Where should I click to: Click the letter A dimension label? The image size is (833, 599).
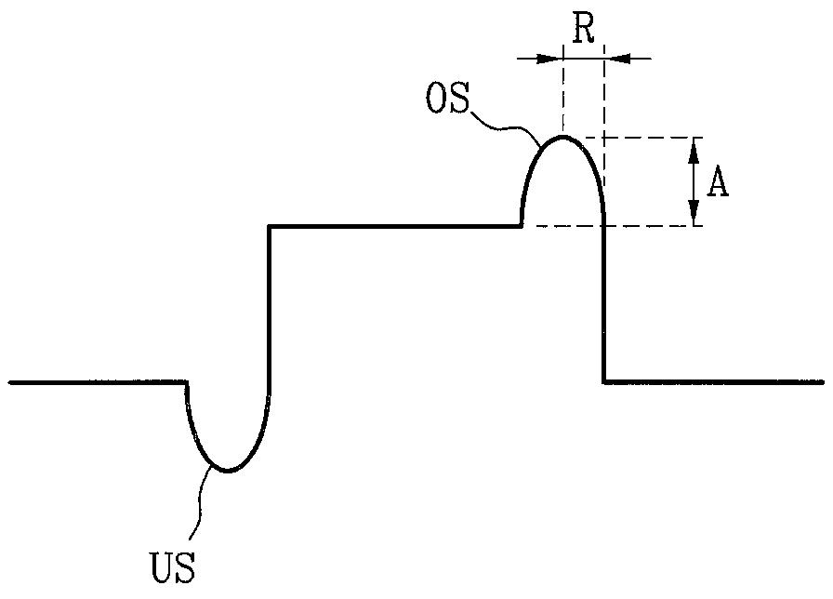pos(718,185)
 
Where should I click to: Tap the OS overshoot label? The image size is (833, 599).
pos(448,98)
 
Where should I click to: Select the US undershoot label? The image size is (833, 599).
pos(173,567)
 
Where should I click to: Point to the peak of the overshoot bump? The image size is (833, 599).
pos(562,137)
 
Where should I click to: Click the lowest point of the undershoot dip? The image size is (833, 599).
pos(228,471)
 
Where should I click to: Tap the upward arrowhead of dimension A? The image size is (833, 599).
pos(694,150)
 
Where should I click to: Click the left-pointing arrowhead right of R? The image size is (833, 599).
pos(617,58)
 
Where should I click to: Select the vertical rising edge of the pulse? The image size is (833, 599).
pos(270,311)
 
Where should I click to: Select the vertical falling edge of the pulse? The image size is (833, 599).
pos(604,303)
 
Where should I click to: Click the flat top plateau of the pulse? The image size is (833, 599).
pos(395,227)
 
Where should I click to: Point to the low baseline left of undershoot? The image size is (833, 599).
pos(98,381)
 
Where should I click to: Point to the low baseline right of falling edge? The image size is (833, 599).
pos(713,381)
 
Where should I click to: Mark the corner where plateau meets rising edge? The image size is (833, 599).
pos(270,227)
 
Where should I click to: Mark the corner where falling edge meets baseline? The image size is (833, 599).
pos(604,381)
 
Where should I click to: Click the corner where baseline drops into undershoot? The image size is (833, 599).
pos(187,381)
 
